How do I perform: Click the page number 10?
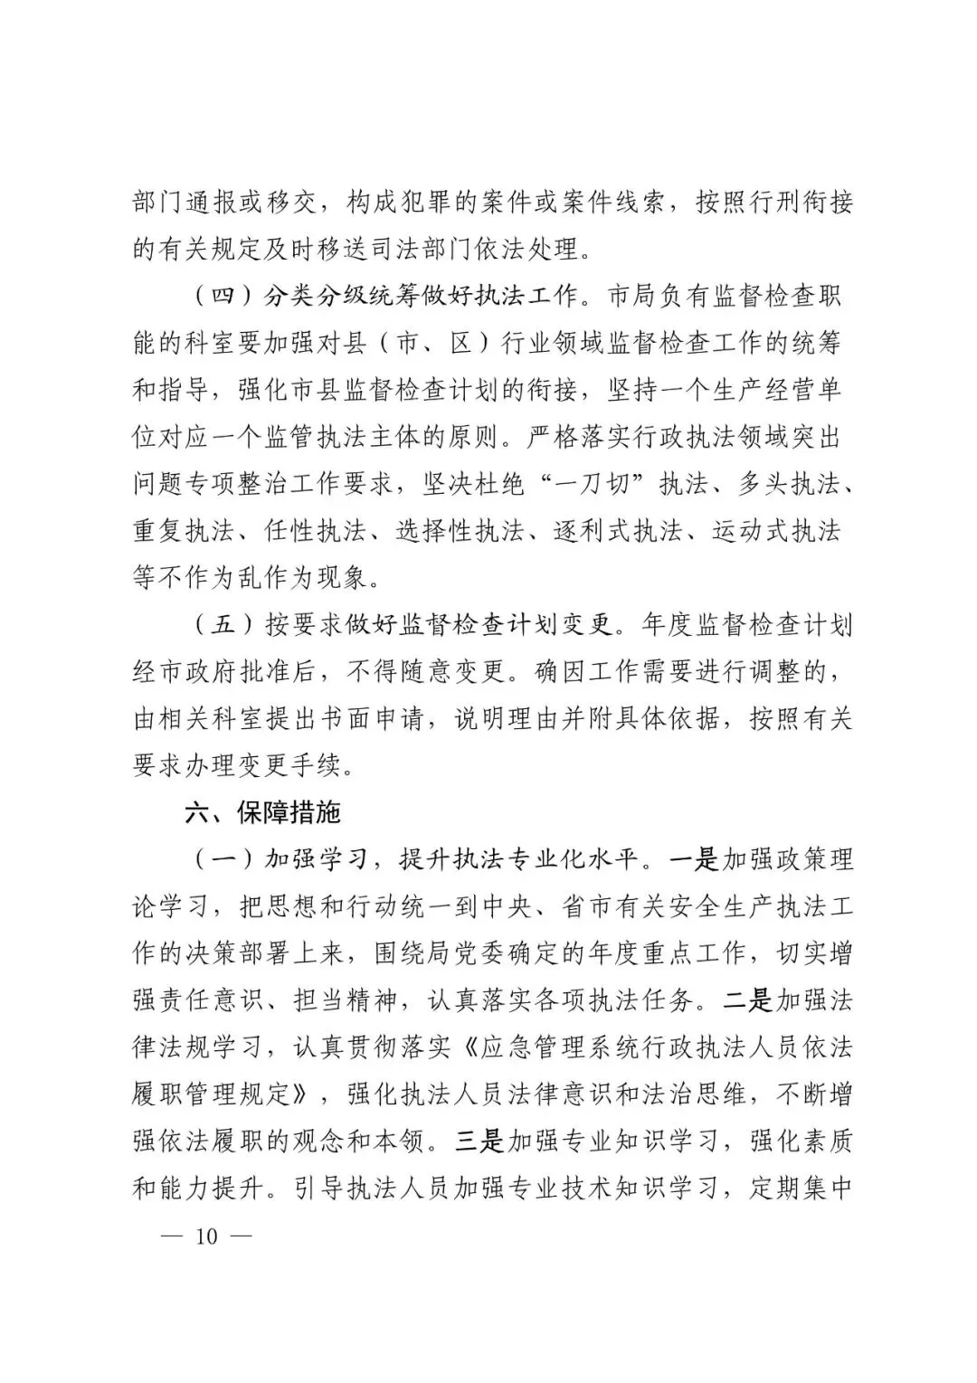tap(206, 1236)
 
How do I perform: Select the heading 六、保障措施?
tap(262, 812)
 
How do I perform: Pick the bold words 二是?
tap(749, 1000)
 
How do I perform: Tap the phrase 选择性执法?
tap(460, 531)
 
